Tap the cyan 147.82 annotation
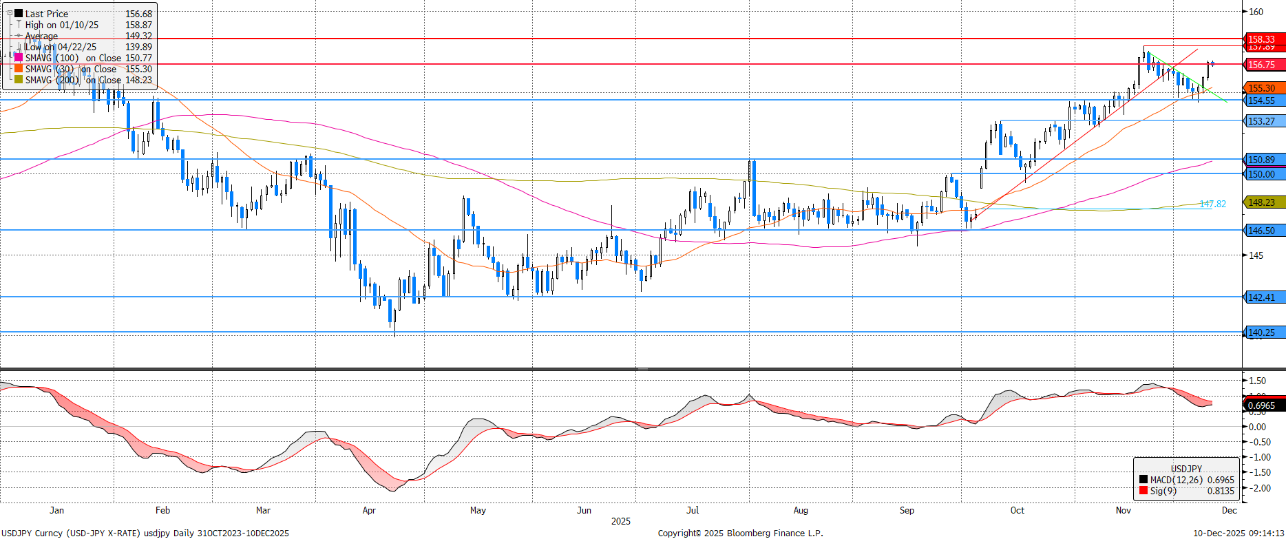point(1212,204)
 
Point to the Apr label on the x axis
point(369,510)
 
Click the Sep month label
point(907,510)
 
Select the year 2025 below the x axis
point(620,521)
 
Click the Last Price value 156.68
point(138,14)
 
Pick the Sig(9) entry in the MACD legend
point(1163,491)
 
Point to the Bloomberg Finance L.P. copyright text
point(740,533)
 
